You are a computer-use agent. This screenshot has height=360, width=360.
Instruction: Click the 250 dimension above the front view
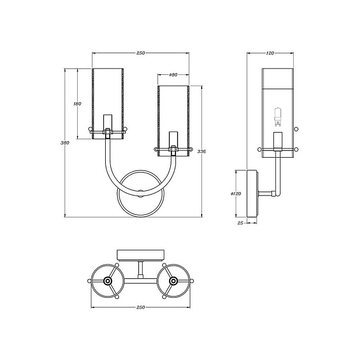click(141, 53)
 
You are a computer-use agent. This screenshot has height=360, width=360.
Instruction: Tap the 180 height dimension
click(78, 104)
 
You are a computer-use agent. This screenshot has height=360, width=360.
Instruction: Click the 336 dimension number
click(201, 152)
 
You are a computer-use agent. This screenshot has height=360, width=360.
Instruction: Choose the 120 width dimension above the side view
click(270, 53)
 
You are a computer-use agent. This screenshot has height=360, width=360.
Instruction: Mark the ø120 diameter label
click(235, 194)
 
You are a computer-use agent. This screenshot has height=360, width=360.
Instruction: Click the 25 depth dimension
click(240, 223)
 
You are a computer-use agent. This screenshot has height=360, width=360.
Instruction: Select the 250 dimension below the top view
click(141, 307)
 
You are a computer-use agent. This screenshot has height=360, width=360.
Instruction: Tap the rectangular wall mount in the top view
click(141, 254)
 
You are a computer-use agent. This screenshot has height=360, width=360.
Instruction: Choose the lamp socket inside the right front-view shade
click(173, 139)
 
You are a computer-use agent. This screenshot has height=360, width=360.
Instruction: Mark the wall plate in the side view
click(251, 193)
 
